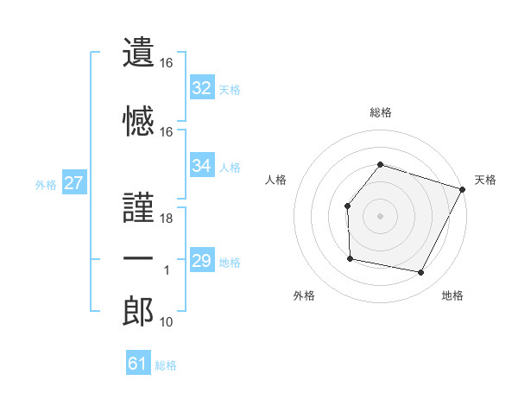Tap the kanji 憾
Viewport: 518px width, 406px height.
pyautogui.click(x=139, y=121)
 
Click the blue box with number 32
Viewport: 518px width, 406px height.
pyautogui.click(x=202, y=88)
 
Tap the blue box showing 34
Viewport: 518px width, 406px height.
pyautogui.click(x=202, y=166)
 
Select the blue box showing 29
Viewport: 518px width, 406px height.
pyautogui.click(x=202, y=261)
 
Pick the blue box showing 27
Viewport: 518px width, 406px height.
pyautogui.click(x=73, y=183)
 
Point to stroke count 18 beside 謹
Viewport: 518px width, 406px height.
pyautogui.click(x=167, y=219)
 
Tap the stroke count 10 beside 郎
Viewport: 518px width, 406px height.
pyautogui.click(x=167, y=323)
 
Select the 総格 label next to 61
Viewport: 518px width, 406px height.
pyautogui.click(x=166, y=365)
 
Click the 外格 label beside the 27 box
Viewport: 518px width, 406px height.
pyautogui.click(x=46, y=184)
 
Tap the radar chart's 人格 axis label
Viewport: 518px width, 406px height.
pyautogui.click(x=276, y=180)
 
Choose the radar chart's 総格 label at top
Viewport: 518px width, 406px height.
pyautogui.click(x=380, y=112)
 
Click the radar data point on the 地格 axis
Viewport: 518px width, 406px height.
pyautogui.click(x=421, y=273)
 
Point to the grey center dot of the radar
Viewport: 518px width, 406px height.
pyautogui.click(x=380, y=216)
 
